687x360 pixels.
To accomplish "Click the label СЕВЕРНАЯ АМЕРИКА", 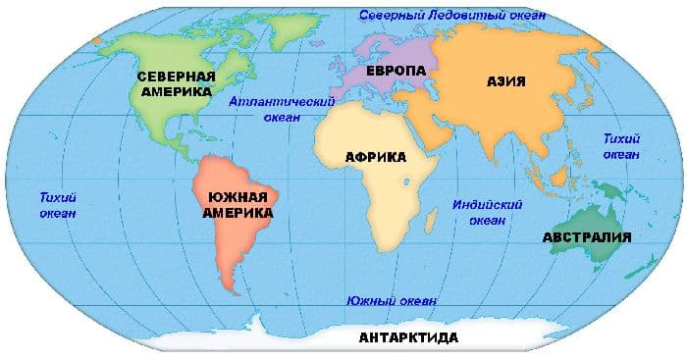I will pyautogui.click(x=175, y=83).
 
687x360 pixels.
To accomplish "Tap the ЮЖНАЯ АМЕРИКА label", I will pyautogui.click(x=238, y=204).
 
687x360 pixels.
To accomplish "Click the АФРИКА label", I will pyautogui.click(x=376, y=156).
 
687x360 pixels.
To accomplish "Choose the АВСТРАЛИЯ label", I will pyautogui.click(x=586, y=236).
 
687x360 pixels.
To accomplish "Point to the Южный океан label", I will pyautogui.click(x=392, y=300).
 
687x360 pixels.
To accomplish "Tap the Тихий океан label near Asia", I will pyautogui.click(x=620, y=146).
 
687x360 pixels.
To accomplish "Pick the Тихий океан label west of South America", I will pyautogui.click(x=59, y=204).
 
